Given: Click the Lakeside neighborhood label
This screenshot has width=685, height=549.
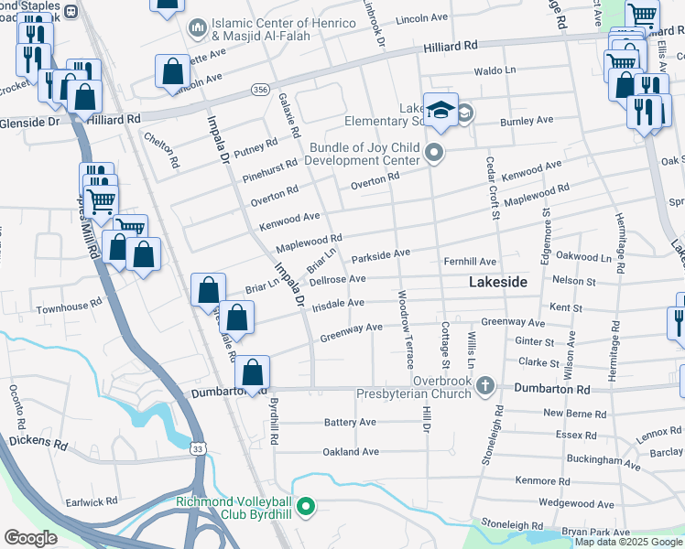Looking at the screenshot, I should [497, 283].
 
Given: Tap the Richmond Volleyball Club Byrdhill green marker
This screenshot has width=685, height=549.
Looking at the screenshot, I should [308, 505].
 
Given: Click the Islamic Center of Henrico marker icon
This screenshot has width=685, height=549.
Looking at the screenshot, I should [197, 29].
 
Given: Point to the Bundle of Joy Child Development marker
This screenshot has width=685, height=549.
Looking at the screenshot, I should [434, 153].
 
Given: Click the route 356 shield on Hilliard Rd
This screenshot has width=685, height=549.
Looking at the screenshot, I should [261, 91].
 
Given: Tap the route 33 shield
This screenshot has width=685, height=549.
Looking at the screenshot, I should [199, 447].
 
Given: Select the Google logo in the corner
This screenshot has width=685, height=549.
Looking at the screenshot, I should [31, 537].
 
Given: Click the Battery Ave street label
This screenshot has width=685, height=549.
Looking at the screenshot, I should [350, 423].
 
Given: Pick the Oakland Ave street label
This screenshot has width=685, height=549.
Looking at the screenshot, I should [350, 452].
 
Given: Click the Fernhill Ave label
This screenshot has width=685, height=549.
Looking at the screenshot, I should [470, 262].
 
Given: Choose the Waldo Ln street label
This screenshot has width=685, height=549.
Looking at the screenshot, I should [495, 70].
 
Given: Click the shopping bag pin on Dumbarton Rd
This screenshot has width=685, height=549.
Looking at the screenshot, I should [253, 372].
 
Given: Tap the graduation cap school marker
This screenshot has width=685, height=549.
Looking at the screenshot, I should [440, 110].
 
